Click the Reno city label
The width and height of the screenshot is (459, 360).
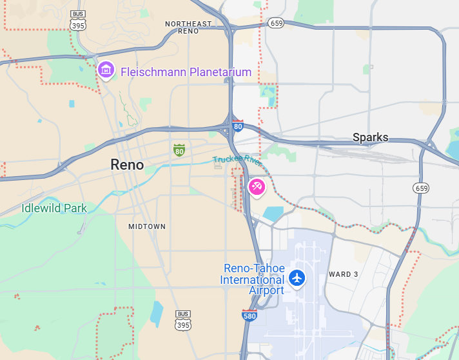(127, 165)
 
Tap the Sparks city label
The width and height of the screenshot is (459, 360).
(370, 137)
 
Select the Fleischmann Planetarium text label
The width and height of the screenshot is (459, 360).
(186, 72)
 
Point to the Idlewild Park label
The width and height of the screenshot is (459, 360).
(54, 208)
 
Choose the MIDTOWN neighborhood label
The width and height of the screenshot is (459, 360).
(147, 226)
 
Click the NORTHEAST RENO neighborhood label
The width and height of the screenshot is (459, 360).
(188, 27)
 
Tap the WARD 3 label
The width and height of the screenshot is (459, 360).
(344, 274)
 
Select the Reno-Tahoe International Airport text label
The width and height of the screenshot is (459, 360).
(253, 279)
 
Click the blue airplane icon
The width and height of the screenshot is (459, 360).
(297, 278)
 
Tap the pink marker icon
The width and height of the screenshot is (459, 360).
(256, 187)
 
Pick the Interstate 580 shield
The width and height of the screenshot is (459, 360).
(249, 315)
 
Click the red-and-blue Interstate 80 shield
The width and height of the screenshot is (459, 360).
(238, 126)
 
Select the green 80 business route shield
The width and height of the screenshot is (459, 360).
(179, 150)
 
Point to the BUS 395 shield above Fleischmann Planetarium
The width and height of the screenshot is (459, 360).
(78, 21)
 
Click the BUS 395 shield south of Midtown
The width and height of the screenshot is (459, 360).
(184, 321)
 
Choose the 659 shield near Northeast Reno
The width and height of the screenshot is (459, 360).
(277, 23)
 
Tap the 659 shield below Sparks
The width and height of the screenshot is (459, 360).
(421, 188)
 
